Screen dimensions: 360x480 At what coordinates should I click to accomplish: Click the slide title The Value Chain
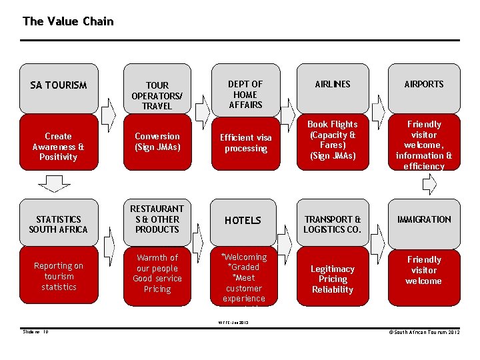pos(68,21)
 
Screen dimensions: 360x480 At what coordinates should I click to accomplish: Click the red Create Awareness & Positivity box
pos(59,146)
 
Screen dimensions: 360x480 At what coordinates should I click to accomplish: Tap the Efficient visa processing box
pos(245,143)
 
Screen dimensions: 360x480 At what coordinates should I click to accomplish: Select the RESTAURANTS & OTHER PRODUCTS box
pos(157,219)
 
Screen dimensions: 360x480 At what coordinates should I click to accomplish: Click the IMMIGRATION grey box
pos(424,219)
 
